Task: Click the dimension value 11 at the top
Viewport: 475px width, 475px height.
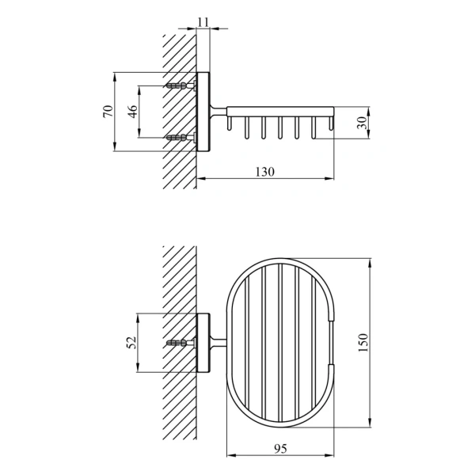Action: click(203, 22)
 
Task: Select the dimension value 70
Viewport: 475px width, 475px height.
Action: click(108, 111)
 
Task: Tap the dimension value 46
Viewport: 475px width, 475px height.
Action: click(132, 112)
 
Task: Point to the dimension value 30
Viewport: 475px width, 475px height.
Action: click(362, 123)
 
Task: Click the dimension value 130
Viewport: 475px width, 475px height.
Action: click(265, 172)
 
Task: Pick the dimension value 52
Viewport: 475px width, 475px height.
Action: click(131, 343)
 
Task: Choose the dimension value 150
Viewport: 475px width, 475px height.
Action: click(363, 343)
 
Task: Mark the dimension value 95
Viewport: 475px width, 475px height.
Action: click(280, 448)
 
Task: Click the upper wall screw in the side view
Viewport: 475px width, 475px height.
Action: click(180, 85)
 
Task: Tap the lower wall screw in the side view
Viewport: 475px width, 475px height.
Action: click(180, 138)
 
